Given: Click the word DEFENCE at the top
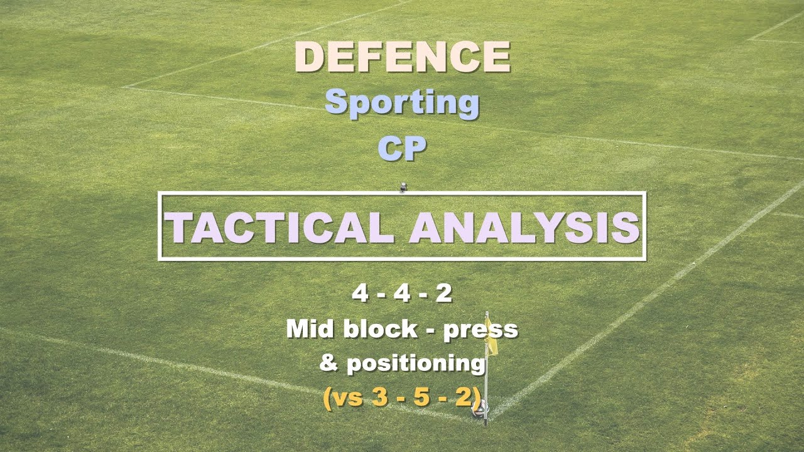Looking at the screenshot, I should [x=402, y=56].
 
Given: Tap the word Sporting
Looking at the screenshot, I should [x=402, y=103].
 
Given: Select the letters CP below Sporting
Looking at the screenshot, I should [x=402, y=149].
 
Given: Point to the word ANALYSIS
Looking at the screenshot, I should [x=524, y=227].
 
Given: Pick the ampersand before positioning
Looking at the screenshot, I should [x=328, y=363].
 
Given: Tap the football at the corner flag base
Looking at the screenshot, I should [x=479, y=412].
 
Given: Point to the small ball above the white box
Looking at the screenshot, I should [x=403, y=186].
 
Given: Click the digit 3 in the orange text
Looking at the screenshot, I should [x=378, y=397].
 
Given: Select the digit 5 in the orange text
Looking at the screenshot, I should [x=427, y=397].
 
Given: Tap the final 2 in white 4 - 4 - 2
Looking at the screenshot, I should [x=443, y=294].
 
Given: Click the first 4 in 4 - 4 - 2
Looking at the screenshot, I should [x=360, y=294].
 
